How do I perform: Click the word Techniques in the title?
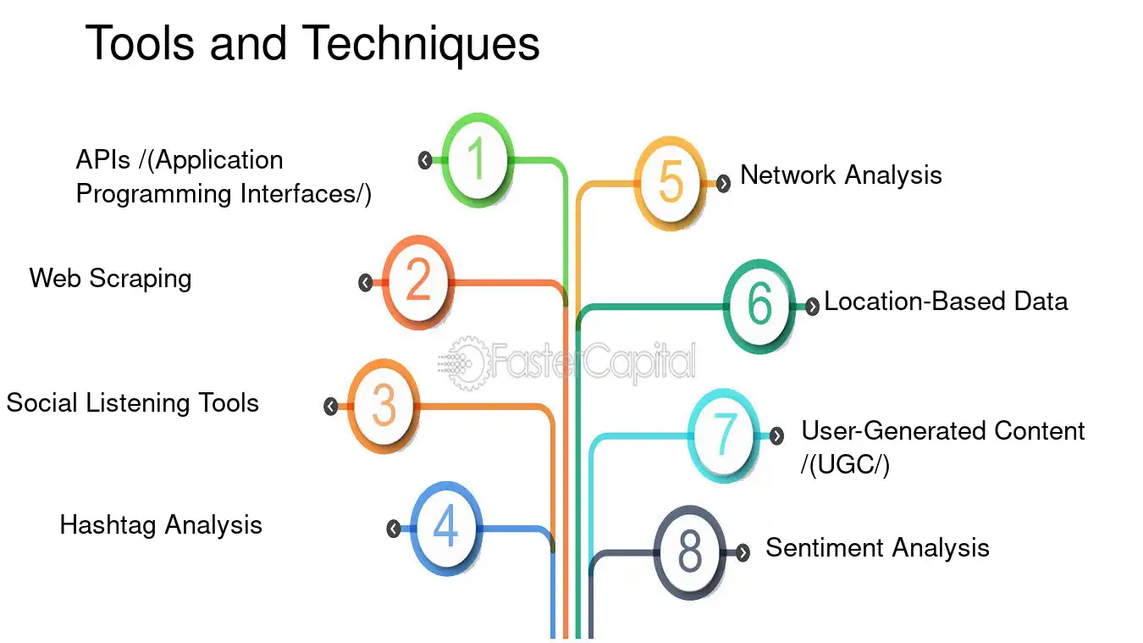point(421,44)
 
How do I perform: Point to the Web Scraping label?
point(111,279)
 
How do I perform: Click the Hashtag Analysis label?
point(161,525)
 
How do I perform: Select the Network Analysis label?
point(841,175)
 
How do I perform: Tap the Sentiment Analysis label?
point(878,548)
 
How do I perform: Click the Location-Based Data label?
point(946,301)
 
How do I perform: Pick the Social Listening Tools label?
point(133,403)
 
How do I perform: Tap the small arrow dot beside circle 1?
point(425,160)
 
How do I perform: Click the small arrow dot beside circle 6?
point(812,307)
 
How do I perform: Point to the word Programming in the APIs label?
point(154,195)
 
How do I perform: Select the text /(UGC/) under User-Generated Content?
point(846,465)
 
